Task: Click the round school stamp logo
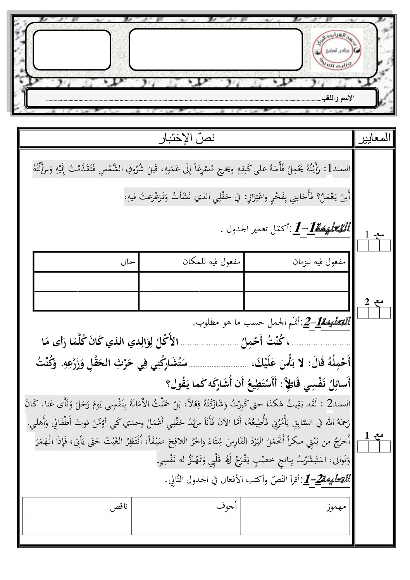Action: [x=337, y=50]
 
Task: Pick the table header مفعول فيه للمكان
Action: [x=212, y=262]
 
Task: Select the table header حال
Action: [x=128, y=262]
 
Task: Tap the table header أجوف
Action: [x=227, y=506]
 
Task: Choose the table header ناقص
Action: [x=119, y=506]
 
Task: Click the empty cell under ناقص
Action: [x=78, y=525]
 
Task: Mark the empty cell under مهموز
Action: [x=295, y=525]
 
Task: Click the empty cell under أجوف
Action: [x=186, y=525]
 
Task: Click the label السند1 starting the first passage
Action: [x=341, y=169]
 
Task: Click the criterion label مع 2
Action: [x=374, y=302]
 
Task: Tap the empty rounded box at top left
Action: [x=72, y=50]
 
